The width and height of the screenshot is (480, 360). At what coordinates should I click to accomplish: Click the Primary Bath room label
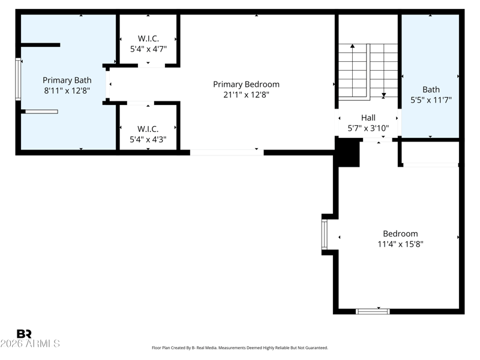pos(67,80)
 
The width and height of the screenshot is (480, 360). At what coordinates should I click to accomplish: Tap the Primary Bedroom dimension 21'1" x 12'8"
pos(246,95)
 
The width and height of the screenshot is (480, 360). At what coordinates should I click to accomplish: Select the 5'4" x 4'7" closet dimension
pos(148,49)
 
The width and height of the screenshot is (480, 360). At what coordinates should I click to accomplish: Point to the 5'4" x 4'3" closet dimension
pos(148,140)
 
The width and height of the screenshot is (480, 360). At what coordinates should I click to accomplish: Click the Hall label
pos(368,118)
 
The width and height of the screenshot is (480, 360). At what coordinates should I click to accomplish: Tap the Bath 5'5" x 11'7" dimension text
pos(431,100)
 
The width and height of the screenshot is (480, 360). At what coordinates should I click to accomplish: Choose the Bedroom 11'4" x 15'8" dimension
pos(400,244)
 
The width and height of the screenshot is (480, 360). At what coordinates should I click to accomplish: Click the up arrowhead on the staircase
pos(353,46)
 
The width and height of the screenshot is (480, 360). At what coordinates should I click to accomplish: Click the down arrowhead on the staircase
pos(383,95)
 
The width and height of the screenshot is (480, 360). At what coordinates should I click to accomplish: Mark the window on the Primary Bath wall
pos(18,79)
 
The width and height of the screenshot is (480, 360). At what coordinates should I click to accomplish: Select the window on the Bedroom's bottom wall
pos(373,311)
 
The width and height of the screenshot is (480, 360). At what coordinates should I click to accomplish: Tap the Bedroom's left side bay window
pos(324,235)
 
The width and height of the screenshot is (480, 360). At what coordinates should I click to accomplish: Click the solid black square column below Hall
pos(347,152)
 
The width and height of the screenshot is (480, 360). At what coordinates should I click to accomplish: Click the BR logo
pos(24,334)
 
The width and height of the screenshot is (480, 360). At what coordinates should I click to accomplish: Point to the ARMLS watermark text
pos(30,343)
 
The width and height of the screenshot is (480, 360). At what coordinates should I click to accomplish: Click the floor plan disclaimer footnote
pos(240,348)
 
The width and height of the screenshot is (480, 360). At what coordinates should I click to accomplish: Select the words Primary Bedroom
pos(246,84)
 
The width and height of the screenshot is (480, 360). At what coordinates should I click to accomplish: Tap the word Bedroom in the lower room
pos(400,233)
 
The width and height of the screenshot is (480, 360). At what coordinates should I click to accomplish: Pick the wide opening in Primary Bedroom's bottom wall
pos(227,152)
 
